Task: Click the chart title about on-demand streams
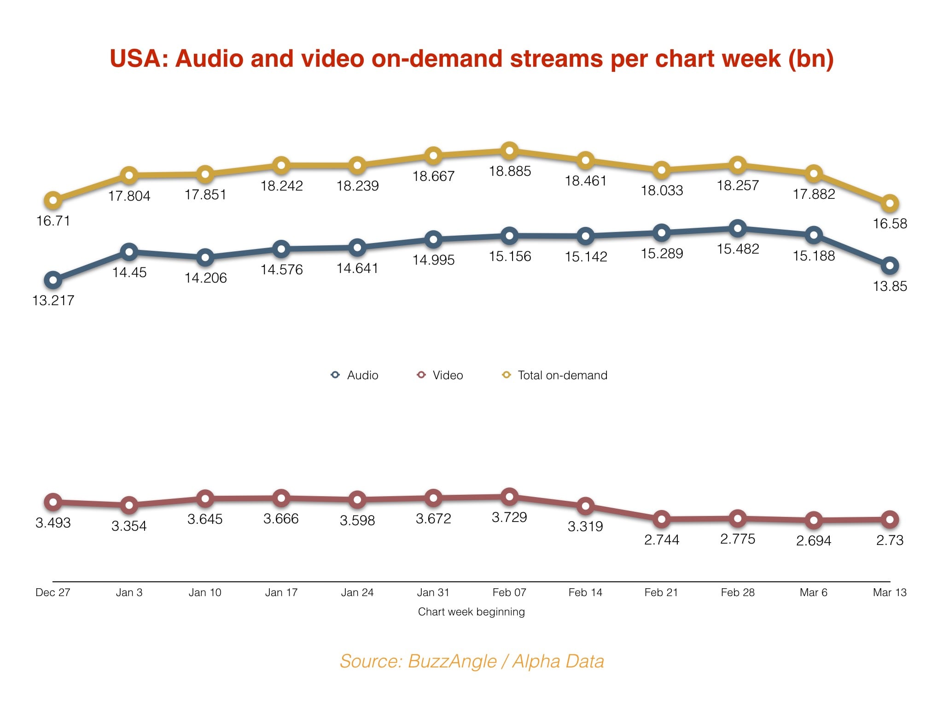471,59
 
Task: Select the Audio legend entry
355,375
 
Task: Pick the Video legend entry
440,375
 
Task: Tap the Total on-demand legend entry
554,375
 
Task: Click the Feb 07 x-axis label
509,592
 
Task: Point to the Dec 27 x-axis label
53,592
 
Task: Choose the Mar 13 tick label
890,592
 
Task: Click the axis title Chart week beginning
471,612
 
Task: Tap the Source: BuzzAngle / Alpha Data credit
471,661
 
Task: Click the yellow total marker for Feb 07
509,151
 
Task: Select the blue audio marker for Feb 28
738,228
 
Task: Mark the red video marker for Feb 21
662,519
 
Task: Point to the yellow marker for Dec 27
53,200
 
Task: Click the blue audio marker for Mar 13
890,266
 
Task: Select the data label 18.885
510,171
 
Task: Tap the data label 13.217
53,301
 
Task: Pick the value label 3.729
509,517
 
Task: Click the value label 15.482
738,249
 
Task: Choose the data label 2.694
814,540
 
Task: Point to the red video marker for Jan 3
129,505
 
